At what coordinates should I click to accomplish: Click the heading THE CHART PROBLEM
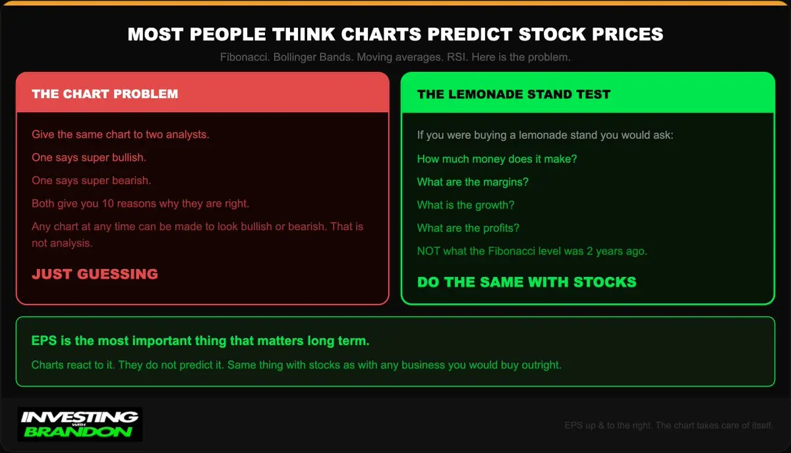coord(105,94)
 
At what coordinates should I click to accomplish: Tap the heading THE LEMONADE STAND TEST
coord(513,94)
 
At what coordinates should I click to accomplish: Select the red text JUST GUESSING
coord(95,274)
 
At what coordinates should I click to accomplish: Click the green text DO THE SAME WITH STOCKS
coord(527,282)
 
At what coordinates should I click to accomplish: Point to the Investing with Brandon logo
coord(80,425)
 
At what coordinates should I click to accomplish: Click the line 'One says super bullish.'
coord(89,158)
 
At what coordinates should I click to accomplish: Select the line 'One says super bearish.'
coord(92,181)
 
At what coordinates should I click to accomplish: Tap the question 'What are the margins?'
coord(473,182)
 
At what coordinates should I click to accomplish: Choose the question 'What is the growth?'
coord(466,205)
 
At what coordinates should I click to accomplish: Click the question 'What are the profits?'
coord(468,228)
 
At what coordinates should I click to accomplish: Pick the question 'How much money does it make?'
coord(497,159)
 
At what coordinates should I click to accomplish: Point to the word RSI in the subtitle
coord(456,57)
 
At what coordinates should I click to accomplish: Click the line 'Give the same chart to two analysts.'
coord(121,135)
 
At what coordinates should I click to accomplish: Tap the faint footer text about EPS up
coord(668,425)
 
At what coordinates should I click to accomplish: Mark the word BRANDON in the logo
coord(78,432)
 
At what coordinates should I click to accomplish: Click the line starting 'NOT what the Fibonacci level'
coord(532,251)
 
